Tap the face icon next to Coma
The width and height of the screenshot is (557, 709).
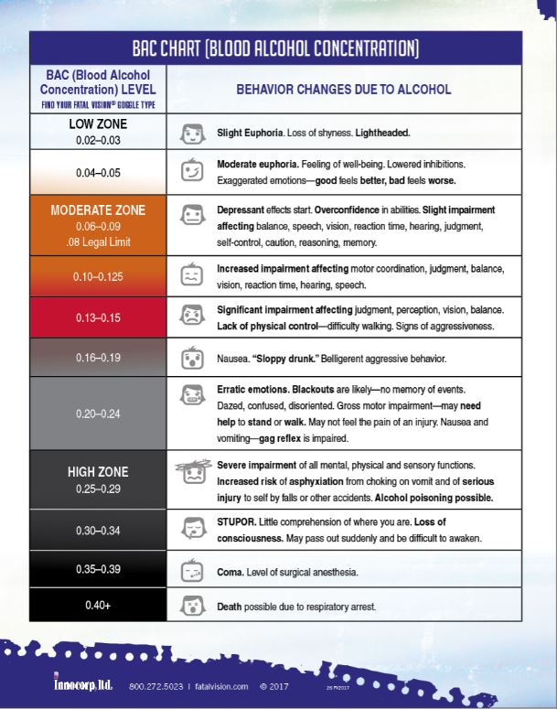click(192, 571)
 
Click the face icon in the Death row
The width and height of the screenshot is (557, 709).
click(192, 606)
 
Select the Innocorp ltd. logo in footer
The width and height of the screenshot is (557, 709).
click(81, 684)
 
